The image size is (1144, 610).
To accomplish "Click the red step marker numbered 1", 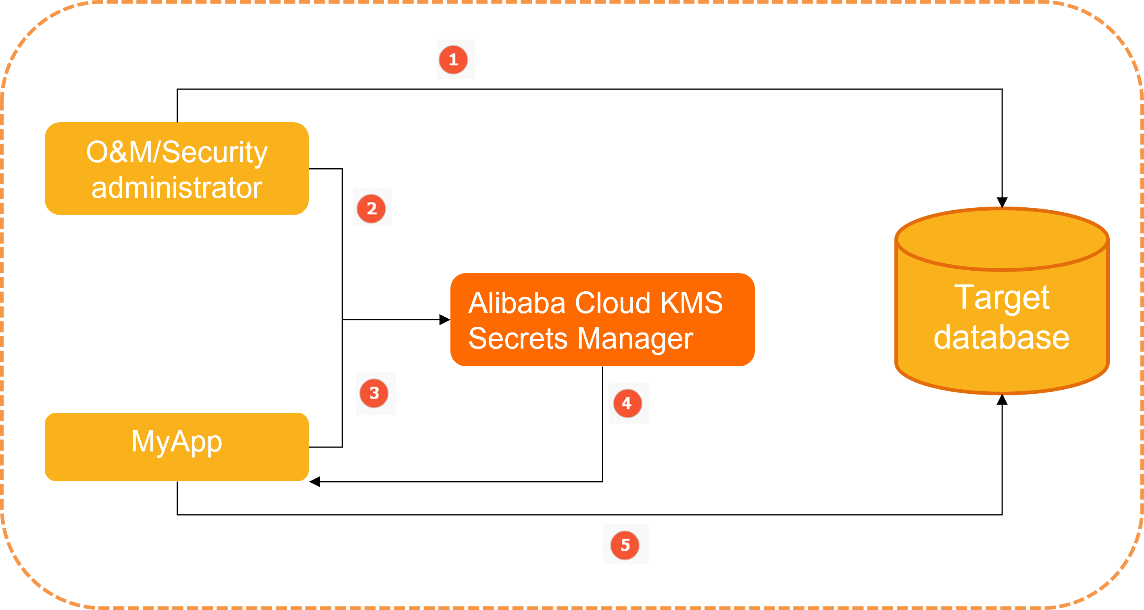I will tap(453, 60).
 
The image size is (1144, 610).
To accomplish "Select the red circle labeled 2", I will tap(371, 208).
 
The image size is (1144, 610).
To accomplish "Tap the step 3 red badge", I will tap(374, 393).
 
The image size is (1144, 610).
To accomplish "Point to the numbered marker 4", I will tap(627, 403).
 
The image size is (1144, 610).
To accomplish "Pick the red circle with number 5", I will tap(625, 545).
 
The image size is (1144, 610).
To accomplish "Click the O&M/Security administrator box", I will tap(177, 169).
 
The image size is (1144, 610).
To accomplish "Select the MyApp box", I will tap(177, 447).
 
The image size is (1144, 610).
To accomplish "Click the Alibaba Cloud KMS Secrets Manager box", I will tap(602, 320).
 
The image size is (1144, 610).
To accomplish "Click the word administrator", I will tap(177, 188).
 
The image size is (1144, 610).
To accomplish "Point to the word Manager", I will tap(635, 339).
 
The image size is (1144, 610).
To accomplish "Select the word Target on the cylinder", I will tap(1002, 298).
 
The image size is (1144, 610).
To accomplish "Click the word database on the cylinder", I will tap(1002, 338).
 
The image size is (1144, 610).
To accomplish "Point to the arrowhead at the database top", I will tap(1002, 203).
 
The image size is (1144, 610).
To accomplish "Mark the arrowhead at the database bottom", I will tap(1002, 399).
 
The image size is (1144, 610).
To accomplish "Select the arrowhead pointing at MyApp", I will tap(315, 482).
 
